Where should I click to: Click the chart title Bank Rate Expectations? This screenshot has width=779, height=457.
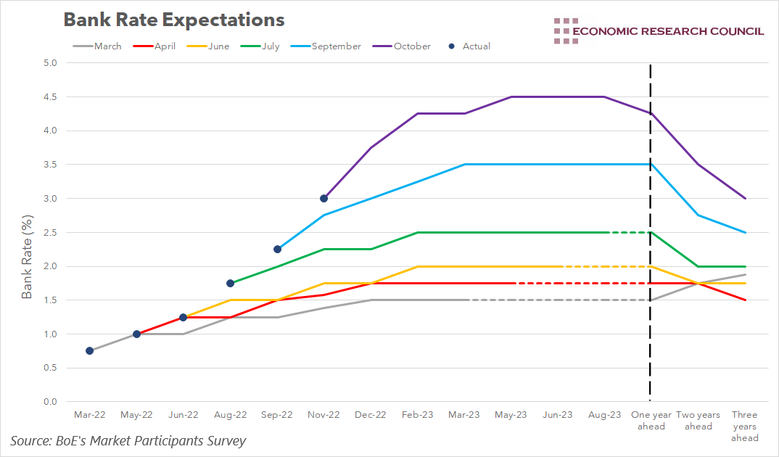click(x=173, y=20)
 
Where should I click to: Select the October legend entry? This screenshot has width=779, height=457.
click(x=403, y=46)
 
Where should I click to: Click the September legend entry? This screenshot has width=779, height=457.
click(x=326, y=46)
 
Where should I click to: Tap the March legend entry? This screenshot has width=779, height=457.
click(x=98, y=46)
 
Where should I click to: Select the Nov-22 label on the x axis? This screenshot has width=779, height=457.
click(x=323, y=415)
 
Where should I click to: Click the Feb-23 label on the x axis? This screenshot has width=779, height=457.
click(x=418, y=415)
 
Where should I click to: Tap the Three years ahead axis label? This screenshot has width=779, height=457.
click(x=744, y=426)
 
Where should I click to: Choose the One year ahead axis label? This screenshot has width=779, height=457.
click(x=651, y=421)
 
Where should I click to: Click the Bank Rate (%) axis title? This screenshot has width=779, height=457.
click(x=27, y=256)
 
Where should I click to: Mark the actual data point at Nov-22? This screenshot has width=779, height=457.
click(x=323, y=198)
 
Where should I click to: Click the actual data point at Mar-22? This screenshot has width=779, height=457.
click(x=89, y=350)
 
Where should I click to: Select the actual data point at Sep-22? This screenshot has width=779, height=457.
click(x=277, y=249)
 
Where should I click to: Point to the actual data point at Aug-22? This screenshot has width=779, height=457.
click(x=230, y=283)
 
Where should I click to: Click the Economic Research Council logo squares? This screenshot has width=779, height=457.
click(x=565, y=30)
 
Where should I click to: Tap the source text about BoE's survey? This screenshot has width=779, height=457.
click(x=128, y=441)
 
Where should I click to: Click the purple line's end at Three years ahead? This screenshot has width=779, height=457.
click(x=744, y=198)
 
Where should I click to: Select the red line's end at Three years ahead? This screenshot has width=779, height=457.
click(x=744, y=300)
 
